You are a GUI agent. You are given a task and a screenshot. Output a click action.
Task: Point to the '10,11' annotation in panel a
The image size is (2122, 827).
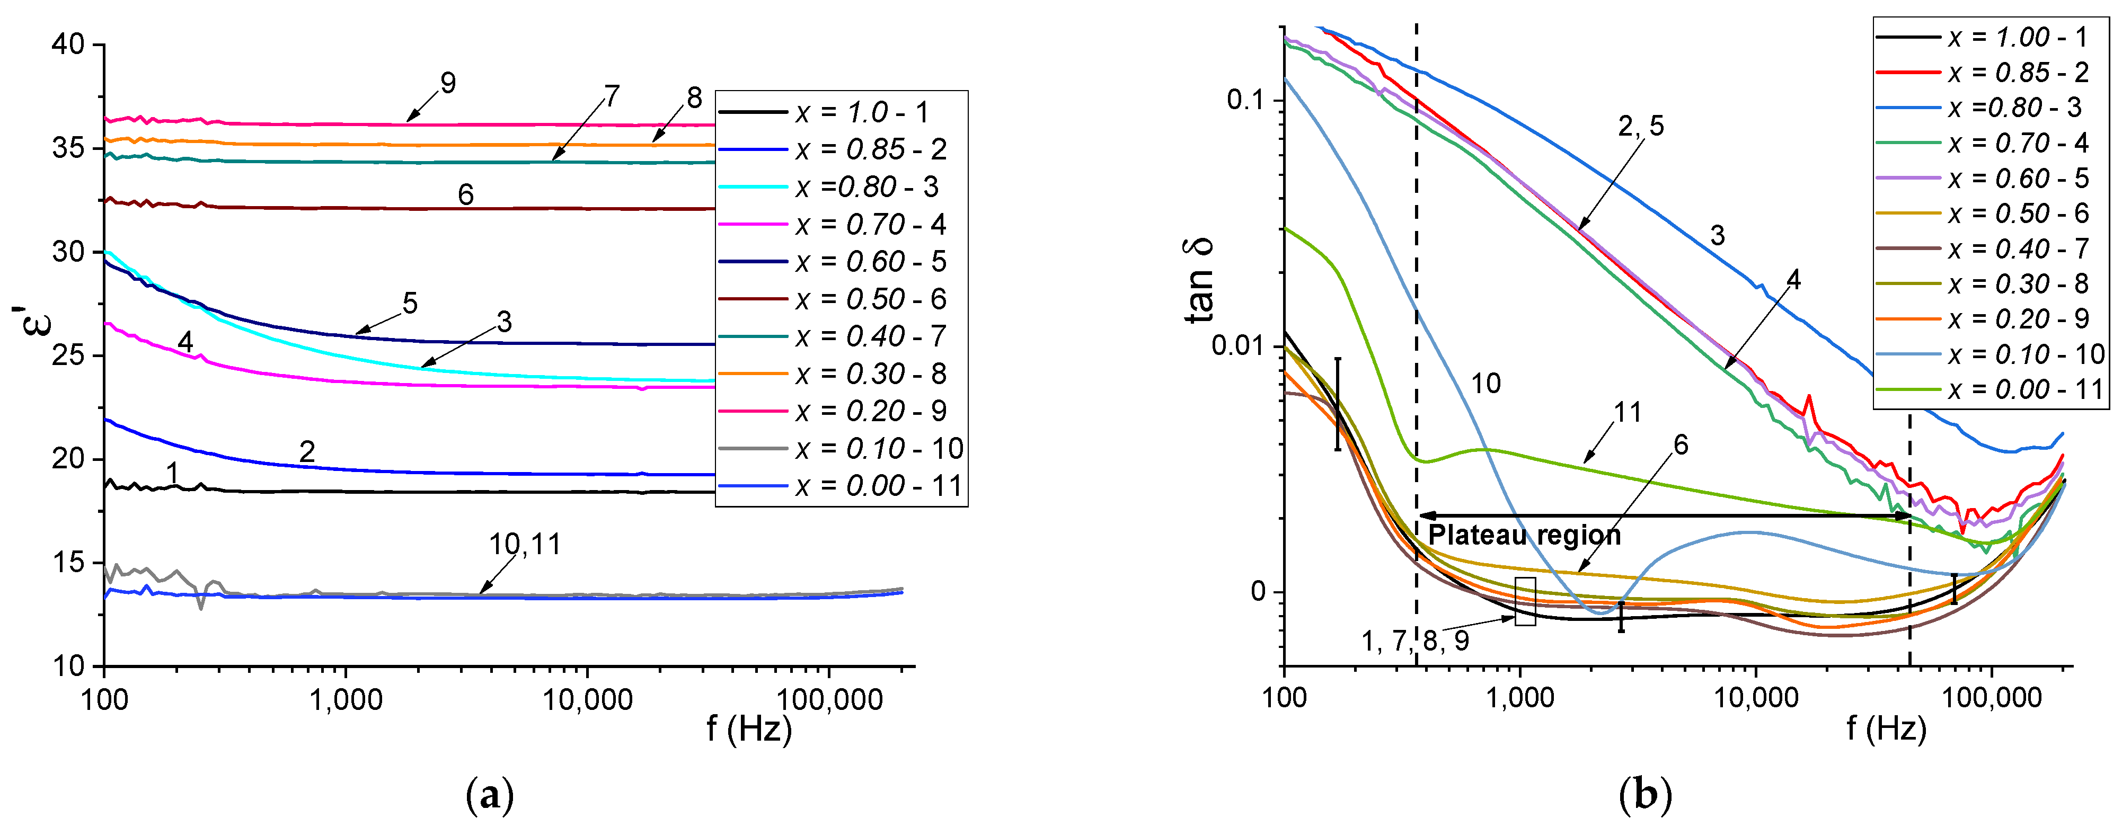pos(525,545)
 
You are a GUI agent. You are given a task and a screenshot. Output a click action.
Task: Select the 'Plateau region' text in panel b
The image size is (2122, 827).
pos(1524,536)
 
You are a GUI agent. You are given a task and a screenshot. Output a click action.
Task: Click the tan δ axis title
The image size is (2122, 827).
pos(1200,280)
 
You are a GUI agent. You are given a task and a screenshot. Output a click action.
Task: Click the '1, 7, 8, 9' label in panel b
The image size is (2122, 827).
pos(1414,641)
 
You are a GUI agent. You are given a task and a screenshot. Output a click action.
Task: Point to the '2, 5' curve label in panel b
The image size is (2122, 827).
pos(1640,126)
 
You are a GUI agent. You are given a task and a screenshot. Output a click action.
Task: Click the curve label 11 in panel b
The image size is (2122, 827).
pos(1627,412)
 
